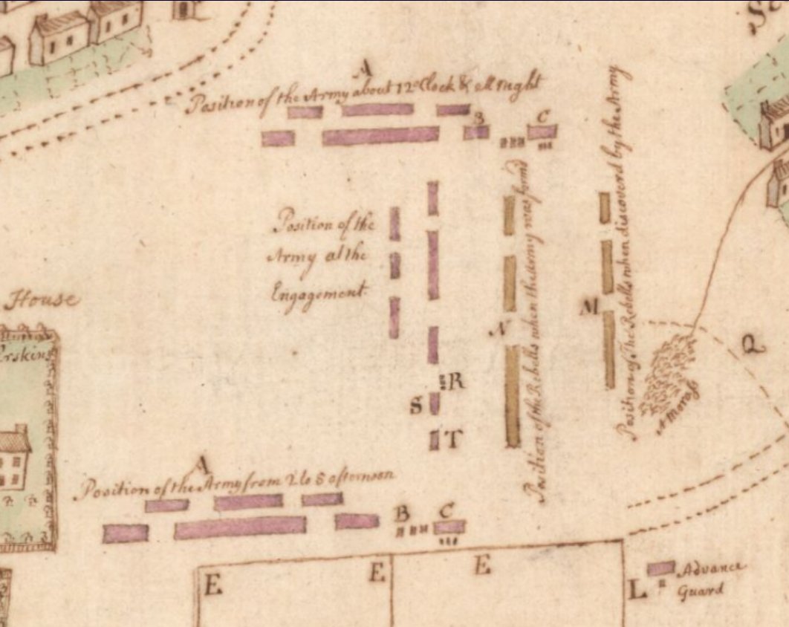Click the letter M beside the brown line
point(590,306)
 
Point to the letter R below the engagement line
point(455,382)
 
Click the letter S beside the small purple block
point(416,406)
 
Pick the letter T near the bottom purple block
point(452,440)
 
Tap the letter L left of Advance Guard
point(636,591)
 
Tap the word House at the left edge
point(41,300)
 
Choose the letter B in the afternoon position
point(401,513)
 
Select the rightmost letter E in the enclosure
point(481,567)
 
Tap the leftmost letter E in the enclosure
point(212,586)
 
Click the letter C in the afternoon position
point(446,511)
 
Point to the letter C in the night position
point(543,116)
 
